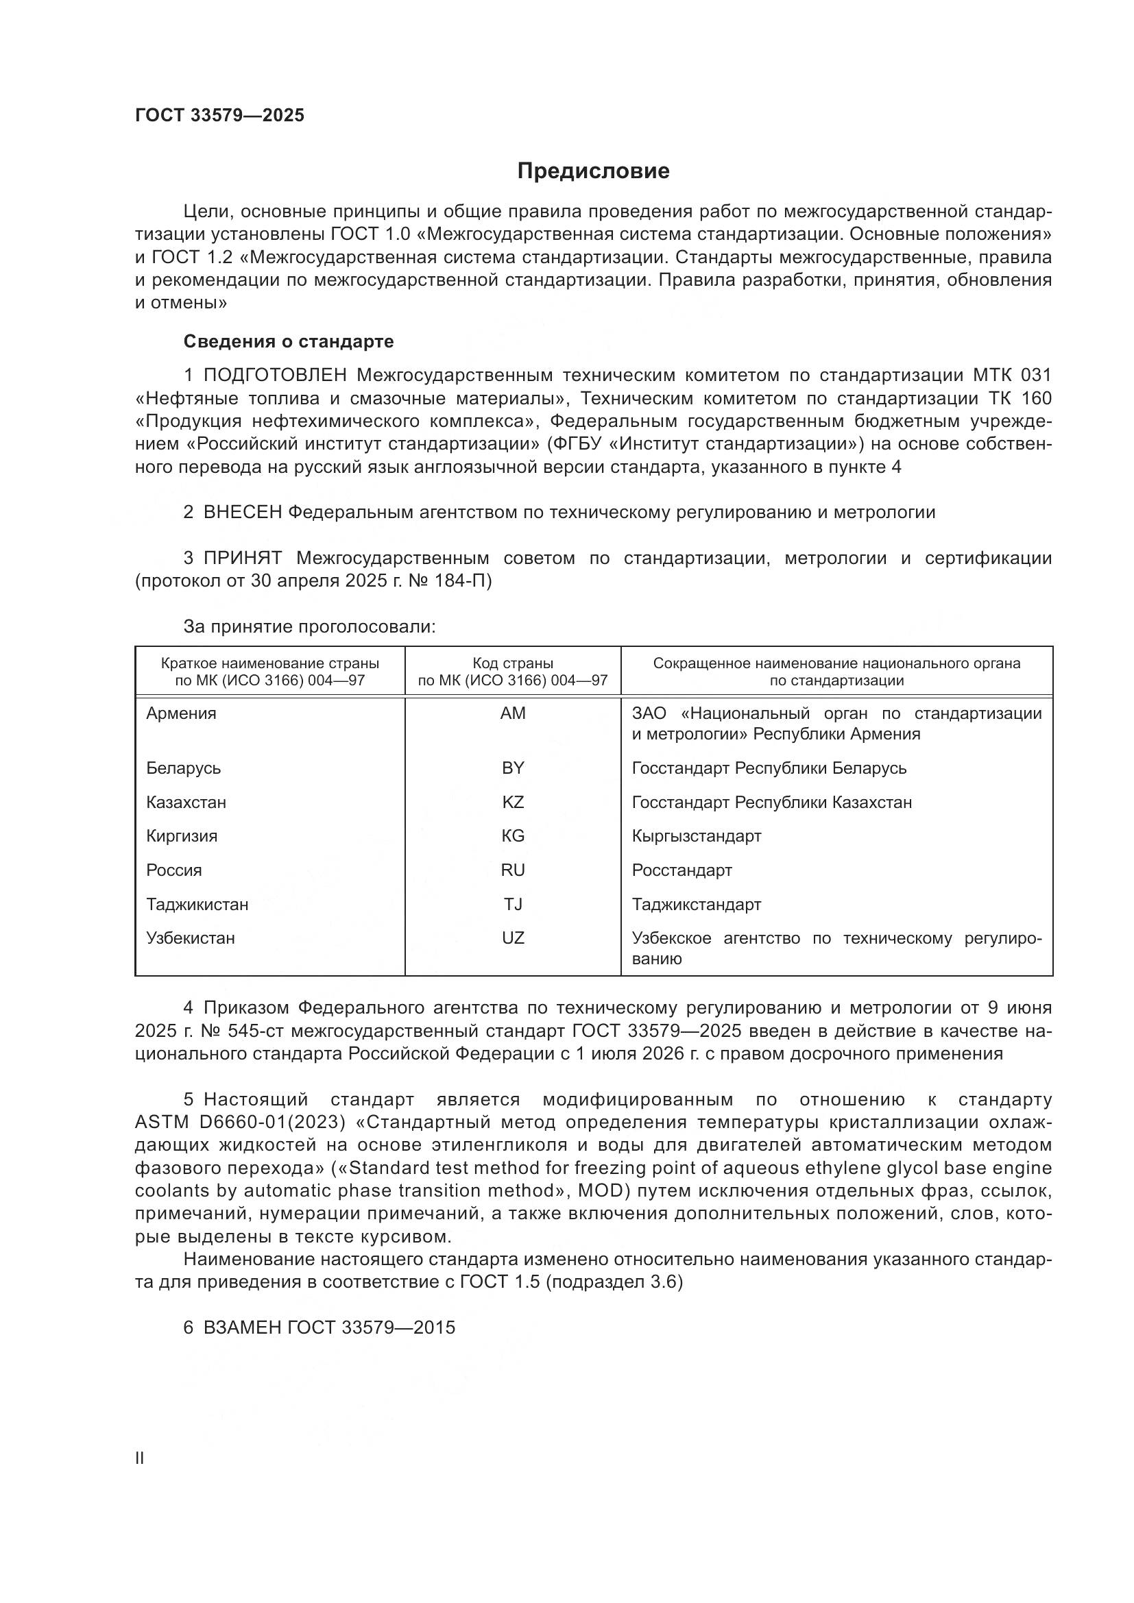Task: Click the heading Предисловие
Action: (x=593, y=171)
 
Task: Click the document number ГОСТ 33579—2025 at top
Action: (x=219, y=115)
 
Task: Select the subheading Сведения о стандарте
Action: (x=289, y=341)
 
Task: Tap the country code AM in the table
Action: (x=513, y=713)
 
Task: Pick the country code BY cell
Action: (x=513, y=768)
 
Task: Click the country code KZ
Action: (x=513, y=803)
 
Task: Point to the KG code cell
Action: (x=513, y=835)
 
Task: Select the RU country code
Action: (x=513, y=870)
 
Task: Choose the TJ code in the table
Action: (x=513, y=904)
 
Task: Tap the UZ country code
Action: (x=513, y=938)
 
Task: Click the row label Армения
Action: (x=182, y=713)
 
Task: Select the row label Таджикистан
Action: (x=197, y=904)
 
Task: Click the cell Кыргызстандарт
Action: (x=696, y=835)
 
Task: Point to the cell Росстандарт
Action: (x=681, y=870)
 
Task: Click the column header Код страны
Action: (x=513, y=663)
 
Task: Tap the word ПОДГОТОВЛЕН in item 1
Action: (x=274, y=376)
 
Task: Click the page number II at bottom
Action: (x=140, y=1452)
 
